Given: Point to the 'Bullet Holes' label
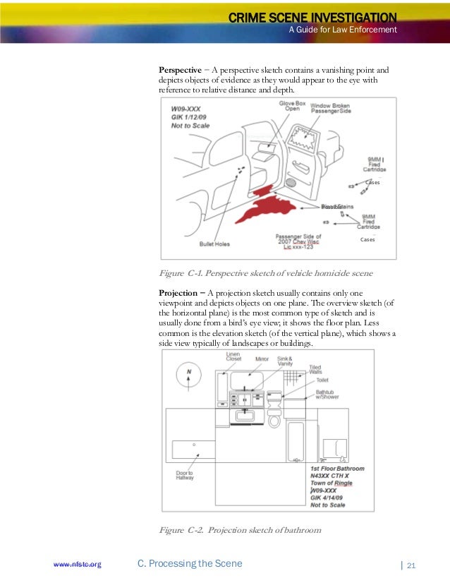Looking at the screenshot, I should point(214,244).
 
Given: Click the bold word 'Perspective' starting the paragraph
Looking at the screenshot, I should point(180,71).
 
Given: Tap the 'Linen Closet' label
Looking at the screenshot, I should point(233,357).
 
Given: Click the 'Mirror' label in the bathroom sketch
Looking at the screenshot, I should point(262,359).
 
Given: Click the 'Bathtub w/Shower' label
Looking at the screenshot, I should point(327,394).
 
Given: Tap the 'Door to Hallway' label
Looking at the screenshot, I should point(185,475).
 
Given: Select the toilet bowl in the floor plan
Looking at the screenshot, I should point(274,419).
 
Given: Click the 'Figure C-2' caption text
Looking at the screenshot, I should point(240,530).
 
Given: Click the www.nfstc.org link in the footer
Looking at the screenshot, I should point(78,564).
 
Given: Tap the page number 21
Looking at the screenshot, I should point(412,564).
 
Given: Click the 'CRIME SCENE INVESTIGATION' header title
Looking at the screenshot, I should point(312,16).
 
